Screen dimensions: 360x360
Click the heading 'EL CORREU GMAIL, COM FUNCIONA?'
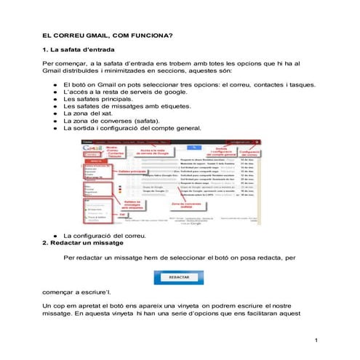pos(106,35)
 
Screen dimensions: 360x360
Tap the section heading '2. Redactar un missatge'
pos(84,242)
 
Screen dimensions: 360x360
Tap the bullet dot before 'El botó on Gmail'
pos(55,85)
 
